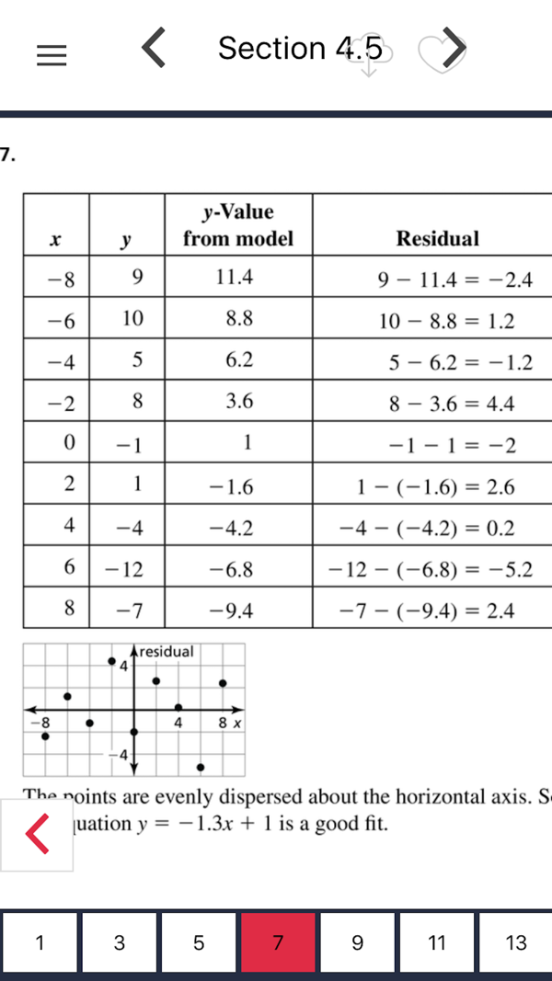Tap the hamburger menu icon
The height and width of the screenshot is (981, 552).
point(52,56)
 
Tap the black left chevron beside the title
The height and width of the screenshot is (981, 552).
point(155,48)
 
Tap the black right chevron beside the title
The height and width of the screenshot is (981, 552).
point(454,48)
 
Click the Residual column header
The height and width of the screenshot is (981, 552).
point(437,239)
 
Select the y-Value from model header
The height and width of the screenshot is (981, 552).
point(237,225)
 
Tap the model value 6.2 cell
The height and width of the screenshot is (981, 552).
point(238,361)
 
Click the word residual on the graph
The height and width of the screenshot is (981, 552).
point(167,652)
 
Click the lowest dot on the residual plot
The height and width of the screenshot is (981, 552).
point(201,767)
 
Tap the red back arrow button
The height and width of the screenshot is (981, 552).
point(37,835)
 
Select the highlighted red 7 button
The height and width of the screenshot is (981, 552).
point(278,942)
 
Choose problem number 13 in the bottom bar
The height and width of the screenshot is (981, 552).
point(516,942)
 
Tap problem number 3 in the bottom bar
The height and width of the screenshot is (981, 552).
point(120,942)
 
